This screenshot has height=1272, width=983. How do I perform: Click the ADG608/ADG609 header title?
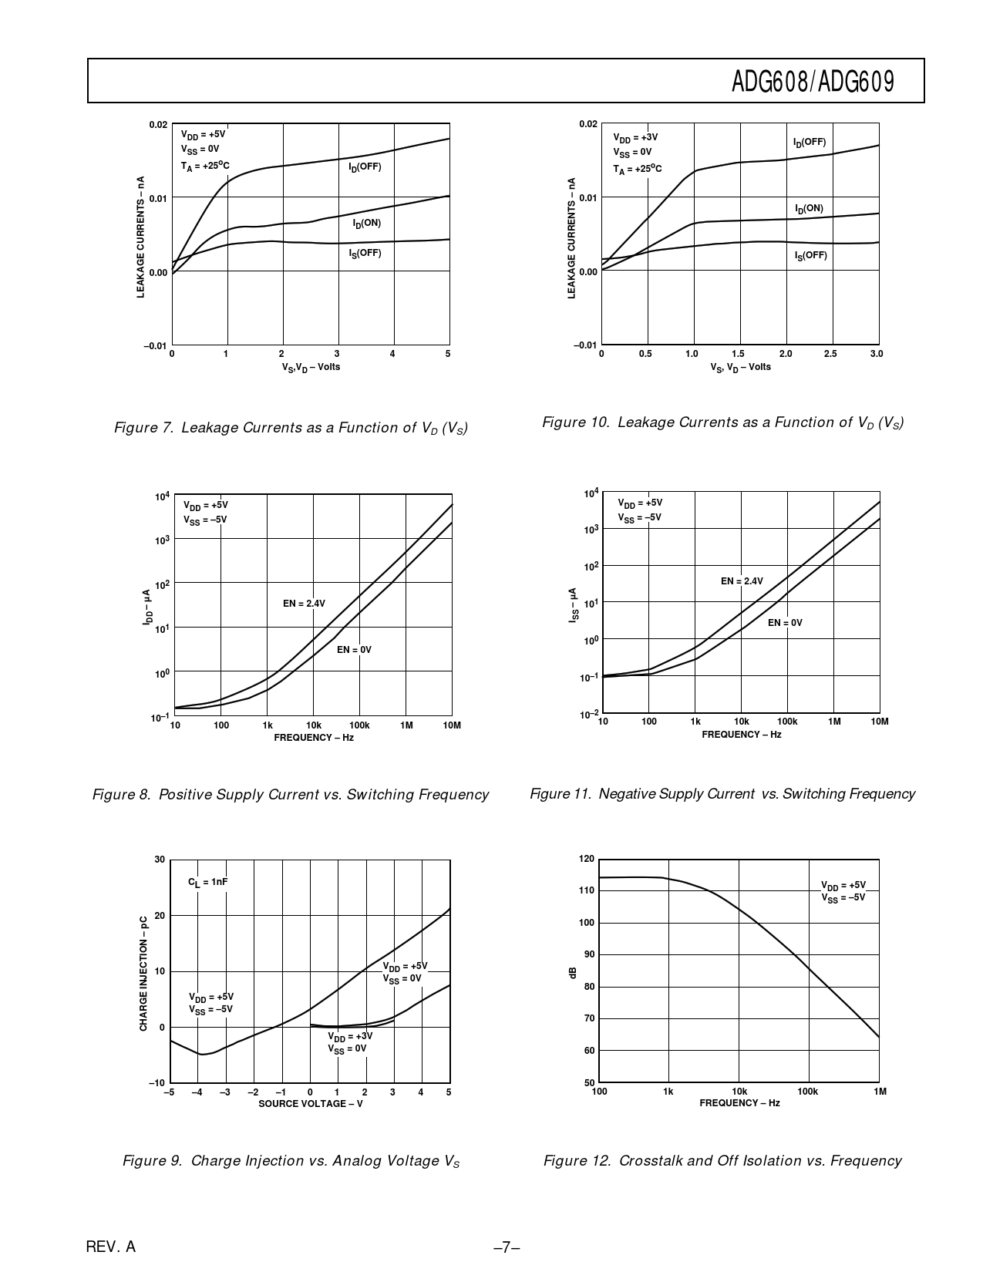click(813, 81)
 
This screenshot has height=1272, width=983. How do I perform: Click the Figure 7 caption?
click(291, 428)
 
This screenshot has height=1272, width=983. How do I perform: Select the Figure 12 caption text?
click(722, 1160)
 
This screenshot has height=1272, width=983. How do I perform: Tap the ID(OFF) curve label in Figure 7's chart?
click(365, 167)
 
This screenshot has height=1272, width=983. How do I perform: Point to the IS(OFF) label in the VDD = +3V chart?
click(810, 255)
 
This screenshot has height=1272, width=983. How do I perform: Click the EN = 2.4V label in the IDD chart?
click(304, 603)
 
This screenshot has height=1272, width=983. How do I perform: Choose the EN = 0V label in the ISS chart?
click(785, 622)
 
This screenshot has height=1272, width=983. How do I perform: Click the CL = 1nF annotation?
click(208, 881)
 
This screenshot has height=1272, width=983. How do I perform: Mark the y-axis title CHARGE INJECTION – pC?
click(143, 973)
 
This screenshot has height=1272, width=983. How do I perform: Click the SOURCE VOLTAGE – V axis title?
click(310, 1103)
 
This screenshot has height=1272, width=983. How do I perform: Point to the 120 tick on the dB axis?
click(586, 859)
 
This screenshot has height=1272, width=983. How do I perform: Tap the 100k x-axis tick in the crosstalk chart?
click(807, 1092)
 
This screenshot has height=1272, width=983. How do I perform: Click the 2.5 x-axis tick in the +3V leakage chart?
click(830, 354)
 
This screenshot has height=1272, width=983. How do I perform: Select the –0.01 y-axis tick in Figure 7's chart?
click(154, 345)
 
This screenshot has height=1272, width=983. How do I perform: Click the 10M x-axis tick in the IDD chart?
click(452, 725)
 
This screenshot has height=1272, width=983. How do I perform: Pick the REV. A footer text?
click(110, 1247)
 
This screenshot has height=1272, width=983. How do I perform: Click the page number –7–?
click(507, 1247)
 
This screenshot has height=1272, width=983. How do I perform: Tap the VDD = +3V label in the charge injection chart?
click(349, 1036)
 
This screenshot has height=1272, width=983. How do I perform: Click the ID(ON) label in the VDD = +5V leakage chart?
click(367, 224)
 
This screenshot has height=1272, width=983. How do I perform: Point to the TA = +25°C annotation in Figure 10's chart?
click(637, 169)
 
